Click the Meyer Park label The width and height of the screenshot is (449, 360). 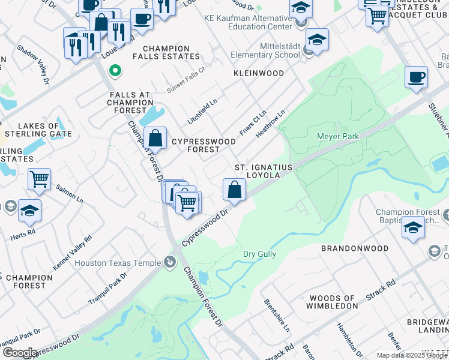point(337,137)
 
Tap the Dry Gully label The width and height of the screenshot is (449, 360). point(259,254)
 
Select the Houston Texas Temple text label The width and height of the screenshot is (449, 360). point(118,263)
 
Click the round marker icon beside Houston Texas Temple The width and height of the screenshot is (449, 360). point(170,262)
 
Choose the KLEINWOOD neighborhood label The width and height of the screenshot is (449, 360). point(258,73)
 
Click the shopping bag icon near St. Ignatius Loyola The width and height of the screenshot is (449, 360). point(234,190)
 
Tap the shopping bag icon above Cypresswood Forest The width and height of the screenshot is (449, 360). point(155,137)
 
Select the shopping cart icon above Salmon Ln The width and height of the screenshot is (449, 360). point(39,179)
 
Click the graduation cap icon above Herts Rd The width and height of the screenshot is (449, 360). point(29,210)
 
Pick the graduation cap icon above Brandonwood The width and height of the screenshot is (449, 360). point(413,228)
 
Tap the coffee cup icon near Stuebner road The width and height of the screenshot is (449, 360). point(416,77)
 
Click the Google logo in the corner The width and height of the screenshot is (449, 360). point(19,352)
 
